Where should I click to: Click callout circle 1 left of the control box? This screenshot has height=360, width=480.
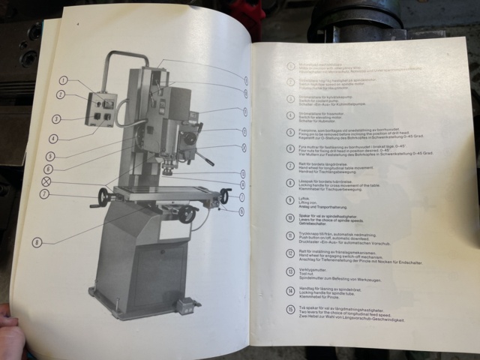(64, 80)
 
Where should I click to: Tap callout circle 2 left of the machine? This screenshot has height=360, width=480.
(60, 95)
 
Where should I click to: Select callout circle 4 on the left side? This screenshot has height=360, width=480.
(52, 139)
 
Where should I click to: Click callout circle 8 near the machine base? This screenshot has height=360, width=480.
(37, 242)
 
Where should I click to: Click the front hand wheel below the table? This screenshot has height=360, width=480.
(187, 215)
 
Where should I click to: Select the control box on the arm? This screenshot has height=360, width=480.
(103, 109)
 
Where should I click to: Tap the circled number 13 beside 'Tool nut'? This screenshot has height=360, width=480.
(291, 272)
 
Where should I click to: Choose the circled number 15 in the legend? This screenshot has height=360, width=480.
(291, 308)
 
